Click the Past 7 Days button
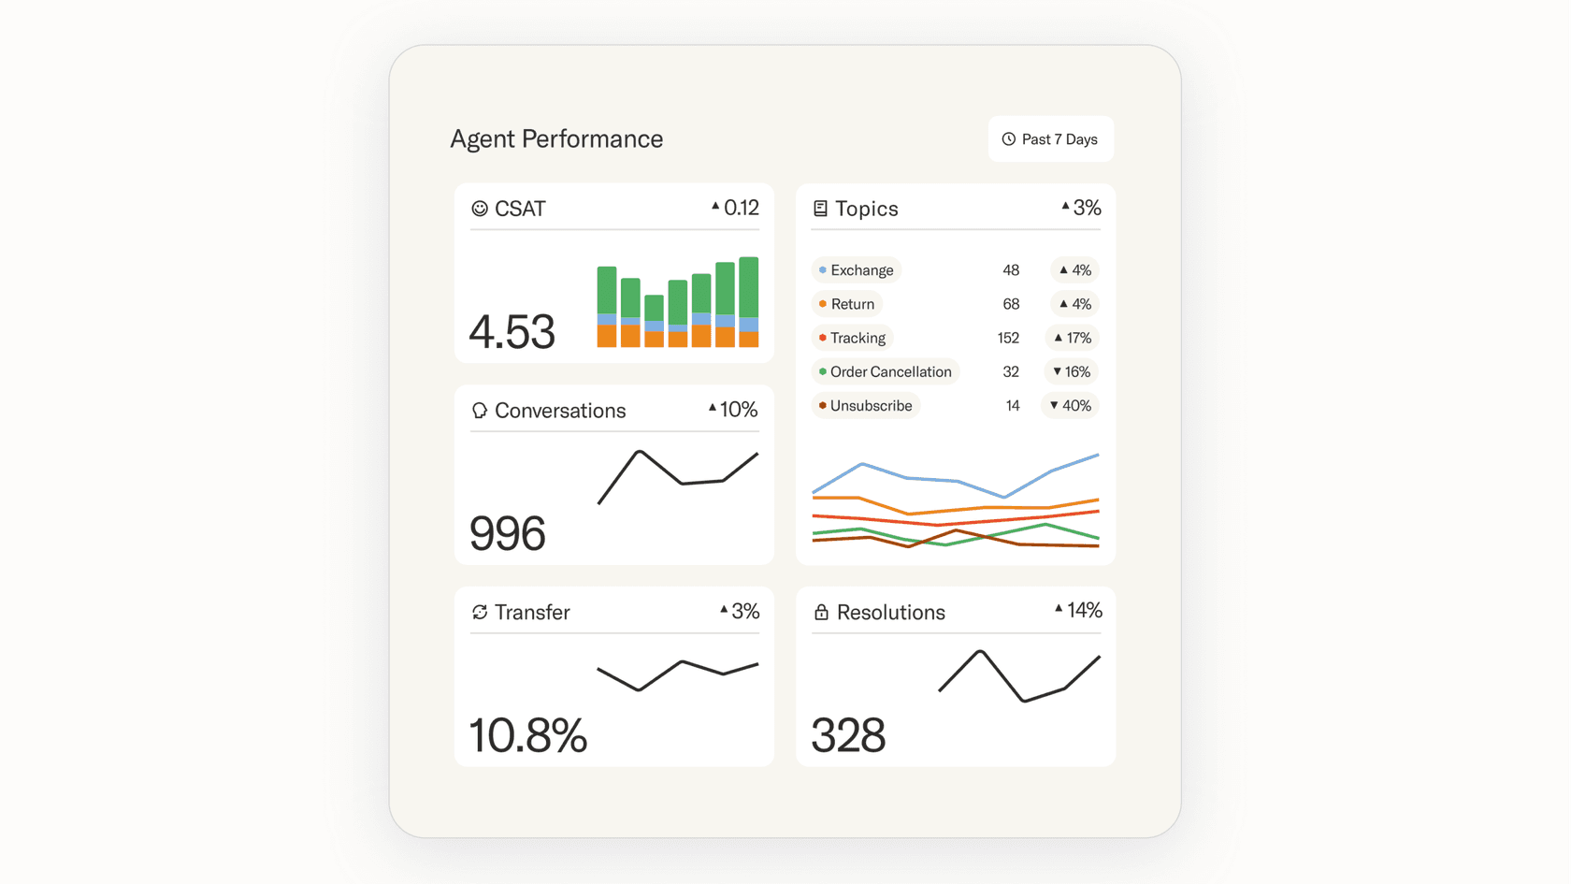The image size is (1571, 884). pos(1050,139)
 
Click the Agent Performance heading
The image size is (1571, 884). pos(556,138)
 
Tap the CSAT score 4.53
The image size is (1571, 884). pos(512,332)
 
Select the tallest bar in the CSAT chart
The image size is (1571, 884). pos(748,301)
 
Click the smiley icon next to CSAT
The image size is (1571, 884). pos(480,209)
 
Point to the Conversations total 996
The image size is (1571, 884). pos(507,533)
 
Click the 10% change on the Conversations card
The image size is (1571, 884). pos(733,410)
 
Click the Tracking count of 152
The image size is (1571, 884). pos(1008,338)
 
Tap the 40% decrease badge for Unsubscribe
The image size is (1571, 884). pos(1071,406)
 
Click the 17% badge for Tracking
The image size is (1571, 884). pos(1073,338)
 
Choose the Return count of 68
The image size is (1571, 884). pos(1011,304)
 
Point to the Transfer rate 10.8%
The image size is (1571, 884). pos(527,735)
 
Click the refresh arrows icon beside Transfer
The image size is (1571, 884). pos(480,612)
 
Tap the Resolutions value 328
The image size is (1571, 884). pos(848,735)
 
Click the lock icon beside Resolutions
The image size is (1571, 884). pos(821,612)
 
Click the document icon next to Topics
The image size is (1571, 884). pos(820,209)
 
